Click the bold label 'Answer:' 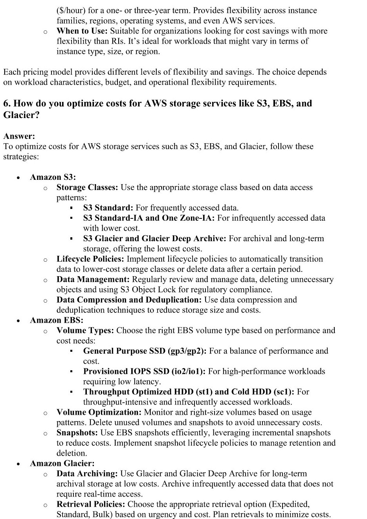pos(19,136)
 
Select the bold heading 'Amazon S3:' pos(53,177)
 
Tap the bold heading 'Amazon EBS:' pos(57,320)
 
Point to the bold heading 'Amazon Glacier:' pos(62,464)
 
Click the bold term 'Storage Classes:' pos(87,187)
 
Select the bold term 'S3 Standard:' pos(108,208)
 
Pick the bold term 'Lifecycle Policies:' pos(90,259)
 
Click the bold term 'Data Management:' pos(93,279)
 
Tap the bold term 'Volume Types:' pos(85,331)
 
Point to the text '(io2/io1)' pos(188,371)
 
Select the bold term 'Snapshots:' pos(77,433)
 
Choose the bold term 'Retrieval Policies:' pos(91,504)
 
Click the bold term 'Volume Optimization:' pos(99,412)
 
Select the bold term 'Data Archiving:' pos(87,474)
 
